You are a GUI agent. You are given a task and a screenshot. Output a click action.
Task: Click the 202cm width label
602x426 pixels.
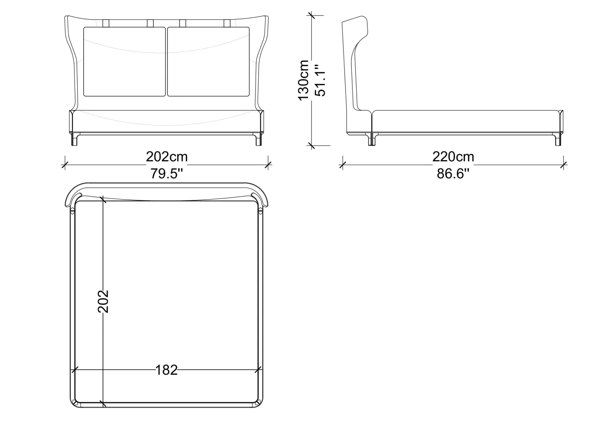167,157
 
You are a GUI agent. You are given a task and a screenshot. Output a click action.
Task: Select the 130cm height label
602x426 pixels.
303,80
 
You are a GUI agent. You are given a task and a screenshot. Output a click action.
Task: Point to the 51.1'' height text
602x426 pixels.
320,80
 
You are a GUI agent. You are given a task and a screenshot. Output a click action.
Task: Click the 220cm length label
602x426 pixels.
453,157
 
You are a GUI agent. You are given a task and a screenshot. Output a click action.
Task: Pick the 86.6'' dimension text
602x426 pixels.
453,173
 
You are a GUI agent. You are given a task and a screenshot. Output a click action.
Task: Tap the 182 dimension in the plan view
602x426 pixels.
167,370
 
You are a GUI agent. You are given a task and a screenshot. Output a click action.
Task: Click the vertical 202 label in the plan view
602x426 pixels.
103,301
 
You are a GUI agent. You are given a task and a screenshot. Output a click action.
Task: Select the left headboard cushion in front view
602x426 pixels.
124,62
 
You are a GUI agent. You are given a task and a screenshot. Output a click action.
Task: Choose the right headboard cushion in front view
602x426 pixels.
208,62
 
